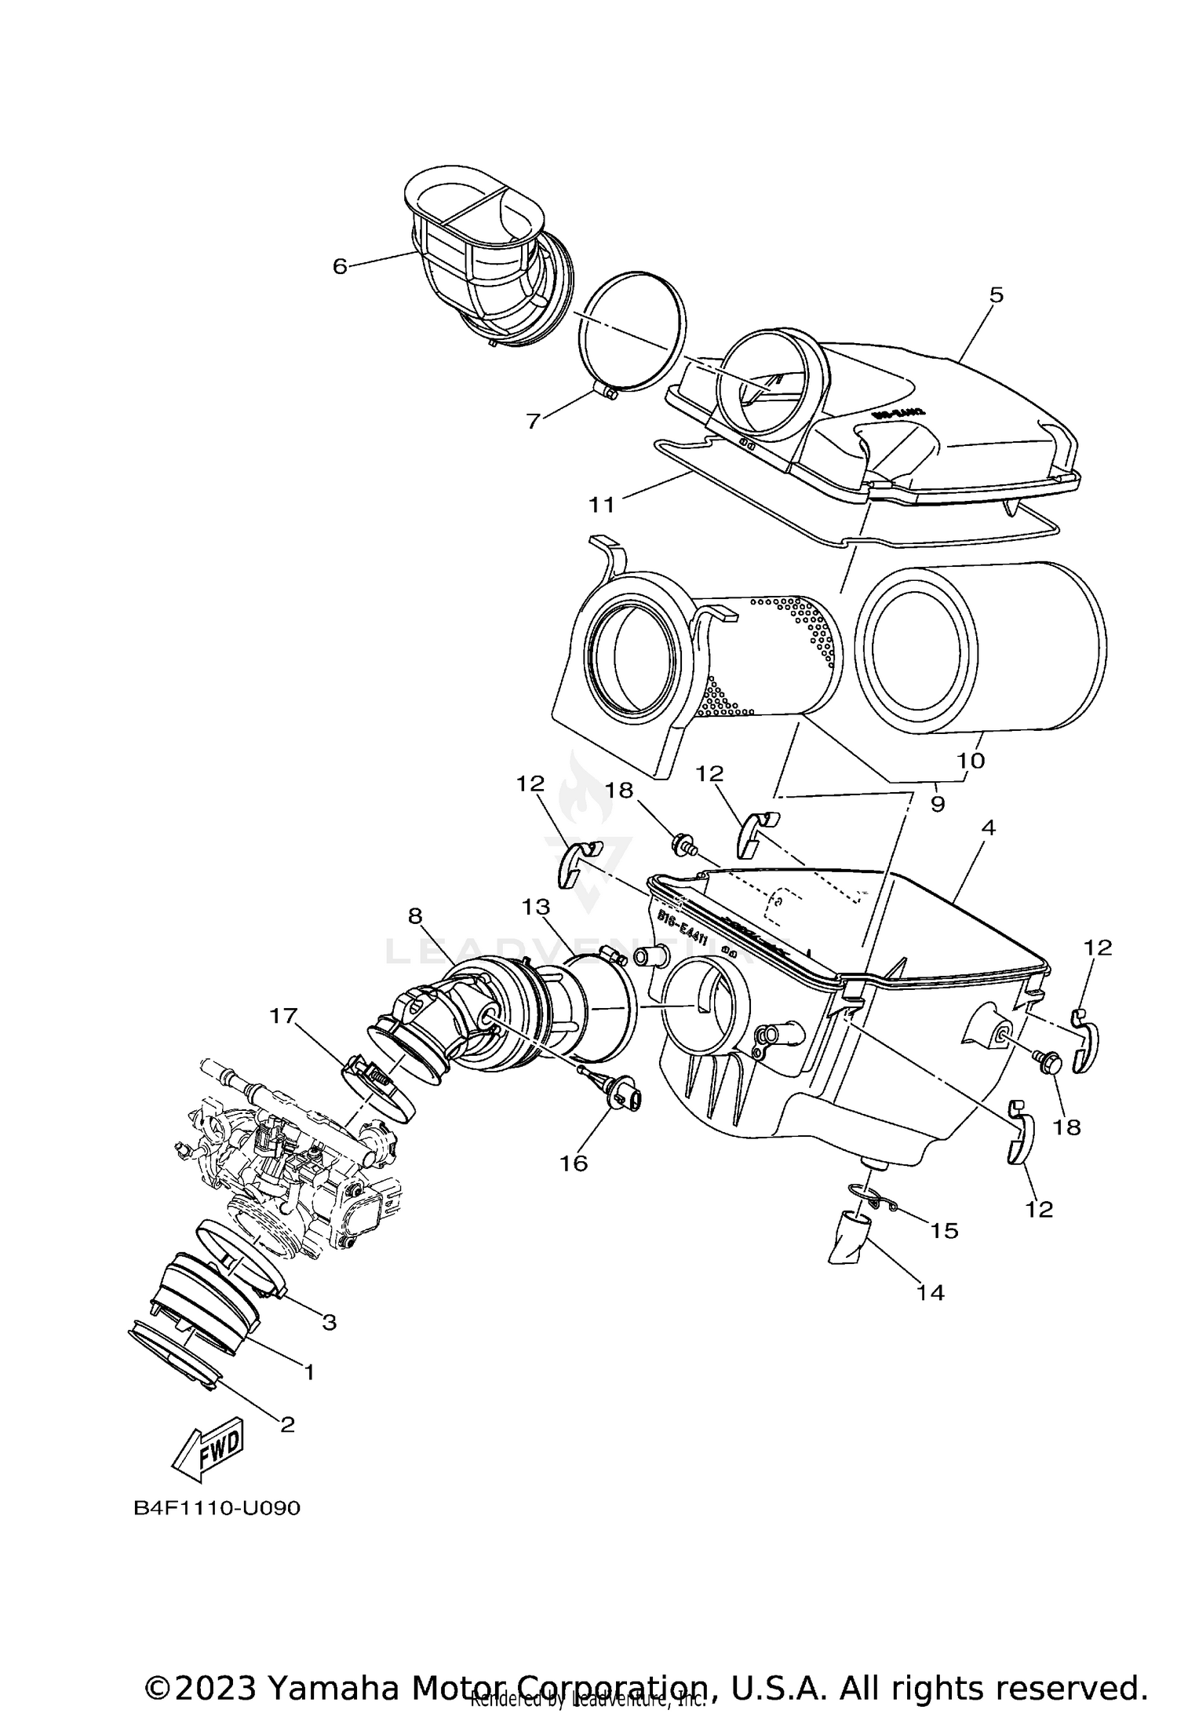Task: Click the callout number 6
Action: click(x=339, y=266)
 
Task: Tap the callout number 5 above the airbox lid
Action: click(x=996, y=295)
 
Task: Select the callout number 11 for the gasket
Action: click(x=602, y=504)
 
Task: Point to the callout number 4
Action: click(x=988, y=827)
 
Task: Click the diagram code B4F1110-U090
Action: click(x=217, y=1509)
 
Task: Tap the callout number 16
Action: click(x=574, y=1163)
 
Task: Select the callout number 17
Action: click(x=283, y=1016)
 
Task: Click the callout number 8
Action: click(x=415, y=915)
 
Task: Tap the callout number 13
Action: click(x=536, y=908)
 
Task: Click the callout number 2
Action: click(x=287, y=1423)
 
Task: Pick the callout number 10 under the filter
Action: click(x=971, y=760)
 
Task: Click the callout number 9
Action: click(x=938, y=804)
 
